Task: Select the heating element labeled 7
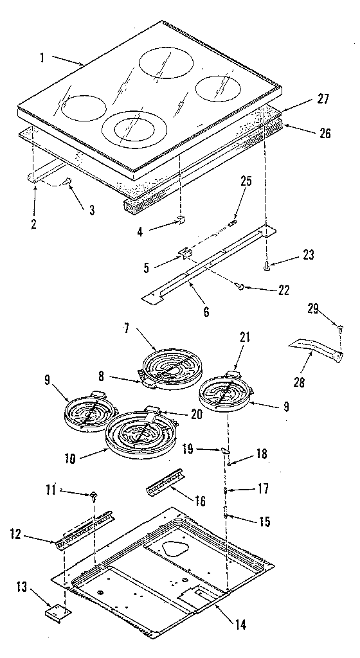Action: click(x=169, y=368)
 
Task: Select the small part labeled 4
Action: click(x=181, y=222)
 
